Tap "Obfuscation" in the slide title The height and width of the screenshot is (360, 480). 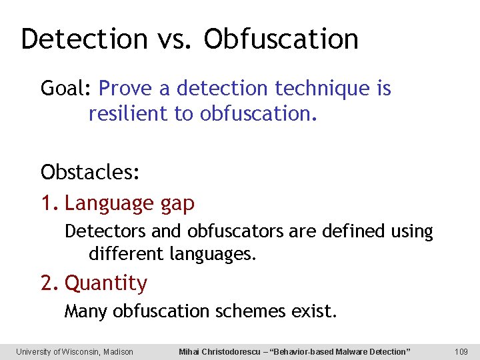coord(281,39)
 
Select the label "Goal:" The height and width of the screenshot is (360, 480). coord(67,88)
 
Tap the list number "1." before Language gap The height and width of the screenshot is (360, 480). coord(50,203)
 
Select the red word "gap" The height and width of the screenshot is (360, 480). coord(177,203)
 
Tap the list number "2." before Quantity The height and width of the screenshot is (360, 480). coord(51,283)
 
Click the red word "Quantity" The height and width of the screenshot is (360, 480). coord(106,283)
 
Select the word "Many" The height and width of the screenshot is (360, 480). coord(86,311)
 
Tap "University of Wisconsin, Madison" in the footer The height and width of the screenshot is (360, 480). coord(75,351)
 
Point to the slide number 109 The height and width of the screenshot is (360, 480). coord(461,351)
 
